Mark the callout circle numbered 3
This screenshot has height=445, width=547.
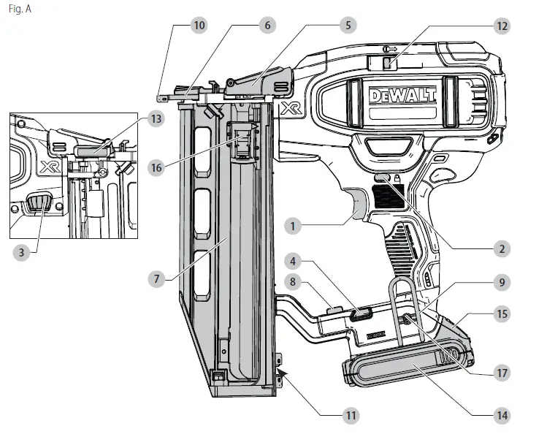point(23,252)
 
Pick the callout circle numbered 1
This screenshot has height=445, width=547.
point(293,227)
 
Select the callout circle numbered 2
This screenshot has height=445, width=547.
point(501,249)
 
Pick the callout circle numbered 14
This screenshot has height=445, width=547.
point(501,416)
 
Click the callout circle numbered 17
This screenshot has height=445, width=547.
point(501,372)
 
